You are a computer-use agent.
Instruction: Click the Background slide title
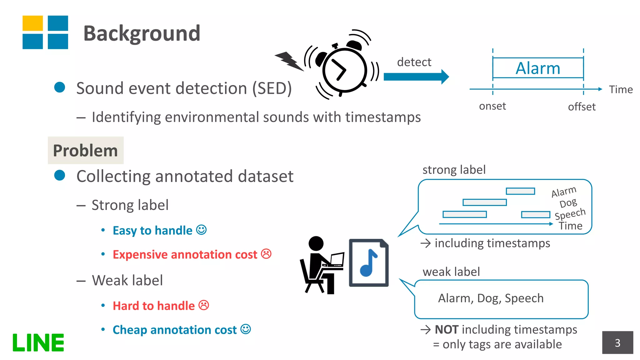tap(142, 33)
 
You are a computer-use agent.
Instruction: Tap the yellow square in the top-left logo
tap(32, 23)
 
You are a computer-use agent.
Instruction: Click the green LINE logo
tap(38, 343)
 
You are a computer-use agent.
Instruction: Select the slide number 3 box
tap(617, 343)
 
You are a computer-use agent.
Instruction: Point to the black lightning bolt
tap(289, 61)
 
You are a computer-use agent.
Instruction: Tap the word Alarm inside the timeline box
tap(537, 68)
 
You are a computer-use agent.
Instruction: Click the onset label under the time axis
tap(492, 106)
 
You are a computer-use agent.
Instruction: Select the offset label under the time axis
tap(582, 107)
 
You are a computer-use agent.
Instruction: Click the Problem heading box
tap(86, 150)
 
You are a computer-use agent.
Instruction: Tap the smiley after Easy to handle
tap(201, 230)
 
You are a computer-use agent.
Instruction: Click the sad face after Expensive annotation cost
tap(266, 254)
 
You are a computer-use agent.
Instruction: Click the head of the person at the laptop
tap(316, 243)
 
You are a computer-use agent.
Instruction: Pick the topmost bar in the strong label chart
tap(520, 191)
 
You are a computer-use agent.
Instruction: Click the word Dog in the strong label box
tap(568, 203)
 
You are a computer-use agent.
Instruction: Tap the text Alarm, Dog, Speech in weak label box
tap(491, 298)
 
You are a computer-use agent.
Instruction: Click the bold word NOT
tap(447, 330)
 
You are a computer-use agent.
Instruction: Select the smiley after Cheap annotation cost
tap(246, 329)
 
